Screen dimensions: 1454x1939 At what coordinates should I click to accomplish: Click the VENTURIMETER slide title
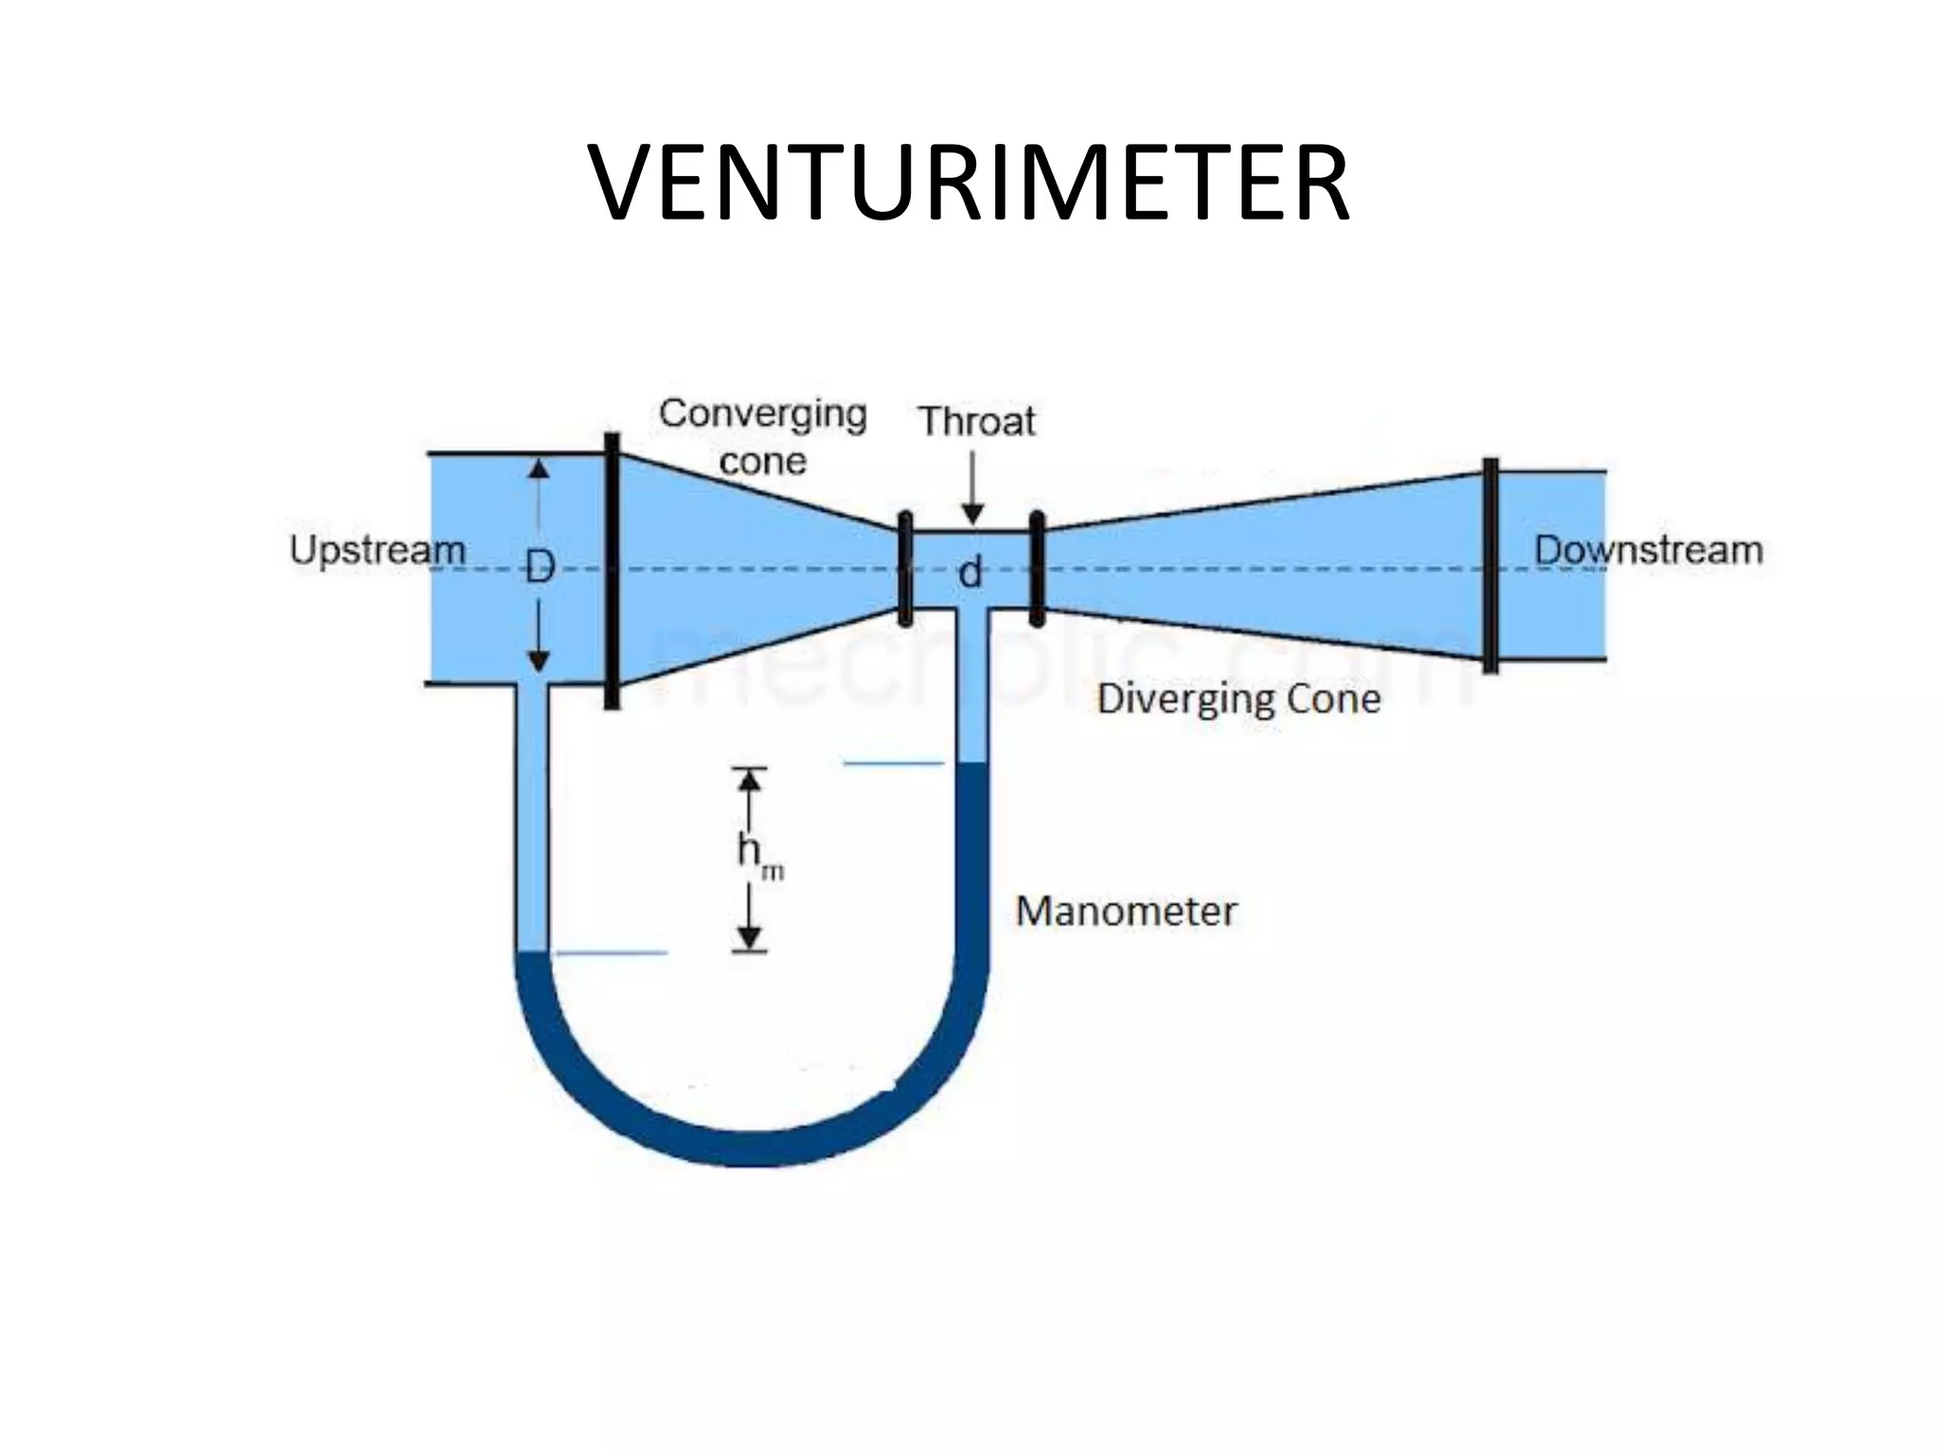969,182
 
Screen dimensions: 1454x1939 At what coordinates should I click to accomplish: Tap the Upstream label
377,550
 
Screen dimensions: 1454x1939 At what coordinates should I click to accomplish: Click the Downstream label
1648,550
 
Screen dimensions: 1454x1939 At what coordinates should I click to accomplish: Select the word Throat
977,421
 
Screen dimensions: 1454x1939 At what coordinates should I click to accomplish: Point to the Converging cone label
763,436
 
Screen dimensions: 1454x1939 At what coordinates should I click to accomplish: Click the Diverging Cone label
1238,700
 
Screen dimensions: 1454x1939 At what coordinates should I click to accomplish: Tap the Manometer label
1126,912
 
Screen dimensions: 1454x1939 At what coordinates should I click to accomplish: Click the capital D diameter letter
540,569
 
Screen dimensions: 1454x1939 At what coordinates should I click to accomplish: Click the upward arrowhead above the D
539,469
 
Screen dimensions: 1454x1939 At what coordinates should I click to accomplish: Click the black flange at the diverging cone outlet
1490,566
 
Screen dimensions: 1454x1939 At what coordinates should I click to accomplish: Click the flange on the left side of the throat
905,569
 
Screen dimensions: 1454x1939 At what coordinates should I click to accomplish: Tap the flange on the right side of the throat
1037,569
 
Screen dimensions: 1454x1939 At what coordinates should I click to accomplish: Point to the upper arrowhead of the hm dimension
750,779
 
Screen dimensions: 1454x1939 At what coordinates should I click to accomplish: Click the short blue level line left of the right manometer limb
894,763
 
